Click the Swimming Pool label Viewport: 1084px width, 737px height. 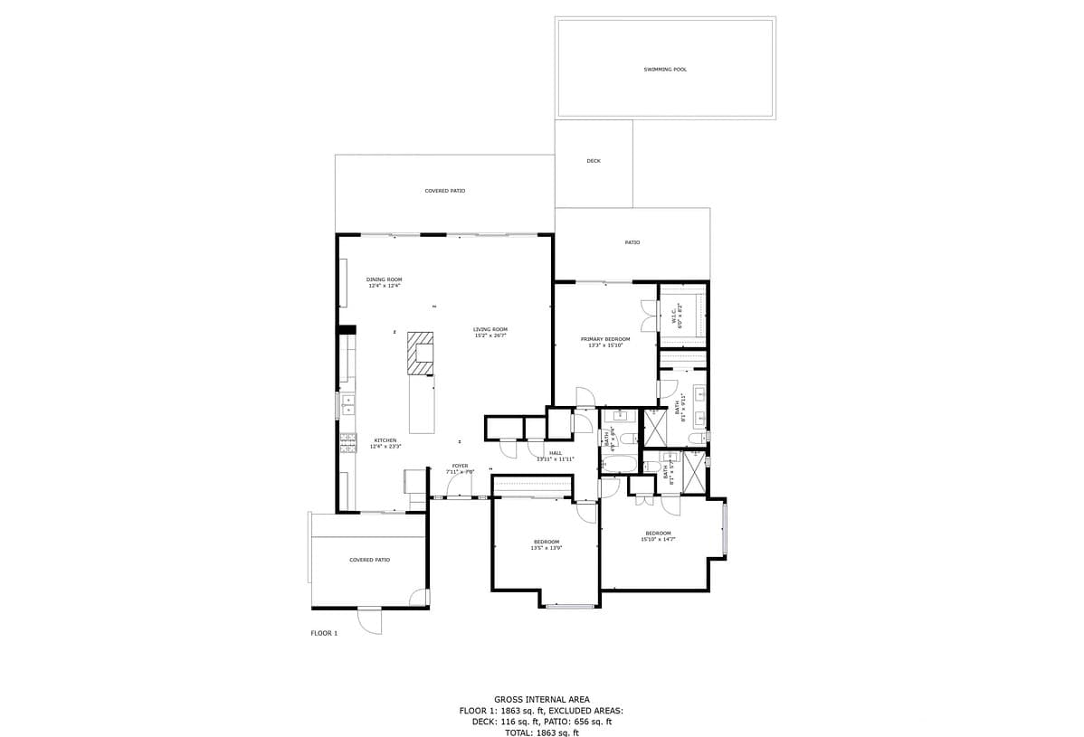tap(665, 70)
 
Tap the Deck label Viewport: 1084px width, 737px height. tap(594, 161)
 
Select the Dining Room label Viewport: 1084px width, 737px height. tap(384, 279)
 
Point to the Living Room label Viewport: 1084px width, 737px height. tap(490, 329)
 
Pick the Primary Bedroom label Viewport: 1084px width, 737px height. tap(605, 339)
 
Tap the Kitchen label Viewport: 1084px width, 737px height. tap(385, 440)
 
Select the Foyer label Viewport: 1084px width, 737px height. tap(460, 466)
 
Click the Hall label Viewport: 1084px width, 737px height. tap(556, 453)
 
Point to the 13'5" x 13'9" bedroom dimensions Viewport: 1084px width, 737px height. tap(547, 548)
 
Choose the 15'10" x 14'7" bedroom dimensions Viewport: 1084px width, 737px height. tap(658, 539)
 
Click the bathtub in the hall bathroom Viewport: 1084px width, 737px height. tap(621, 464)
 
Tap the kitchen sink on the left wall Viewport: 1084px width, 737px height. tap(347, 403)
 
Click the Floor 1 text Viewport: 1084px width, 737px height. tap(324, 633)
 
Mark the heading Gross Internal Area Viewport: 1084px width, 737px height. tap(541, 699)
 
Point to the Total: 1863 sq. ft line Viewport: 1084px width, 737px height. tap(541, 732)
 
